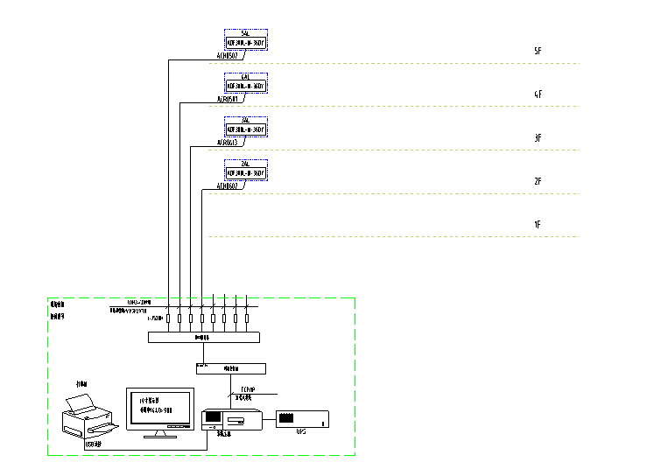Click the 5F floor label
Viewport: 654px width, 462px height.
click(x=538, y=52)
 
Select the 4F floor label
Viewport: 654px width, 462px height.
click(x=538, y=94)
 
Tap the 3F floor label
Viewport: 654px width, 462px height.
click(x=538, y=138)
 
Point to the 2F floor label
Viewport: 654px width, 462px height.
click(x=538, y=181)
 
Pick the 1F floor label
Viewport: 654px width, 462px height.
click(x=538, y=225)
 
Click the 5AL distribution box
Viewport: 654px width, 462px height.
click(x=246, y=38)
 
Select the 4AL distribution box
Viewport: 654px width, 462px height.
click(x=246, y=82)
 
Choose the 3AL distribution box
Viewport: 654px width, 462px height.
click(x=246, y=126)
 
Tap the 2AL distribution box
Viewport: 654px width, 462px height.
click(x=246, y=169)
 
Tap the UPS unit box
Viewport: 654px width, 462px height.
click(x=302, y=418)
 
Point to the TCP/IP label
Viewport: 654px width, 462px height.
click(x=249, y=389)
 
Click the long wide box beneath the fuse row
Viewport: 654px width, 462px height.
click(x=204, y=337)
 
